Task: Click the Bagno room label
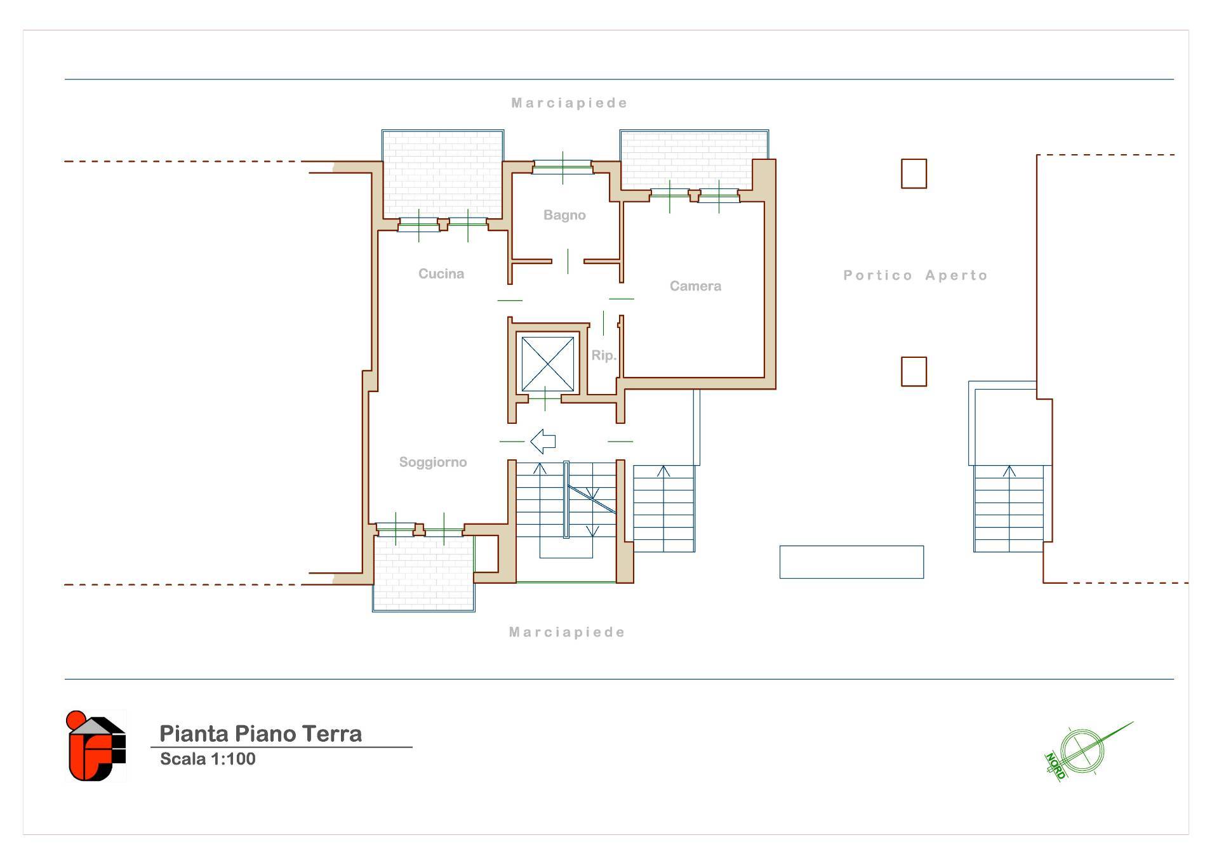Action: (564, 215)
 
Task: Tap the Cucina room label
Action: (441, 273)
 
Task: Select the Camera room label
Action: (695, 286)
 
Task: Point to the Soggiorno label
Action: (433, 463)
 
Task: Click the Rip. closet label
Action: (604, 355)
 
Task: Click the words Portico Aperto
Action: (916, 275)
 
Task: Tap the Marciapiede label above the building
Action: (569, 103)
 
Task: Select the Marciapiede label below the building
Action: (567, 632)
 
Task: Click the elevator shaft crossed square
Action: (547, 364)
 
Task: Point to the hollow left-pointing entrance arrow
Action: (543, 441)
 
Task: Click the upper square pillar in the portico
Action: (914, 174)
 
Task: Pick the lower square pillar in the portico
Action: (914, 372)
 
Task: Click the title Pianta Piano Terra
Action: (260, 733)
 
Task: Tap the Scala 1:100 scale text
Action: (208, 759)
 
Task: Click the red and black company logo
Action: (96, 746)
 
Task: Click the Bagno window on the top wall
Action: (563, 167)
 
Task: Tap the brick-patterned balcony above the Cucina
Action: (443, 174)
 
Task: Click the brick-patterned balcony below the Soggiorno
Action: (423, 574)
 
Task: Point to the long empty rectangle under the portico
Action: (851, 562)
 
